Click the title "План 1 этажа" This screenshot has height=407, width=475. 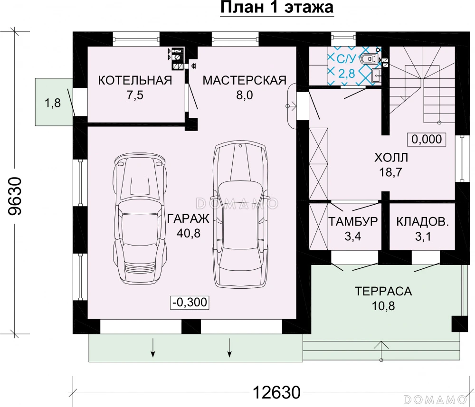click(277, 7)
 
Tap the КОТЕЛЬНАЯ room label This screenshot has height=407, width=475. click(135, 81)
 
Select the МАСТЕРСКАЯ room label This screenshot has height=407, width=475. click(245, 81)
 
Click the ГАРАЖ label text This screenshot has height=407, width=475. click(188, 218)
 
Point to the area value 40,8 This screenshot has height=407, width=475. click(188, 233)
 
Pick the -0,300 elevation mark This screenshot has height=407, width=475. click(190, 302)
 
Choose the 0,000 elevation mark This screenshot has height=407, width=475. click(426, 139)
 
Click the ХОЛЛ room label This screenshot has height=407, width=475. click(391, 158)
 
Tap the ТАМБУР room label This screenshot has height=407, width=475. click(353, 222)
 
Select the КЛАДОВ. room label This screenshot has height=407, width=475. click(422, 222)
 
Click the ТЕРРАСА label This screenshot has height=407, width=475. click(383, 291)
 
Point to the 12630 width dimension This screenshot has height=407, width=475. click(276, 392)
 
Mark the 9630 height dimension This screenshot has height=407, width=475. click(15, 196)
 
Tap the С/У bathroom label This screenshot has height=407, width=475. click(346, 59)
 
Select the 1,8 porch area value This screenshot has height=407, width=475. click(53, 103)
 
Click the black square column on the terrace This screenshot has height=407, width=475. click(459, 324)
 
